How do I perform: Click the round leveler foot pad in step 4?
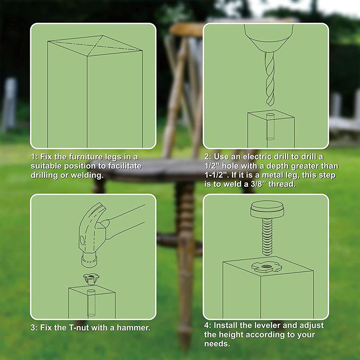tap(265, 209)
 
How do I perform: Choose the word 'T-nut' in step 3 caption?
tap(75, 327)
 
